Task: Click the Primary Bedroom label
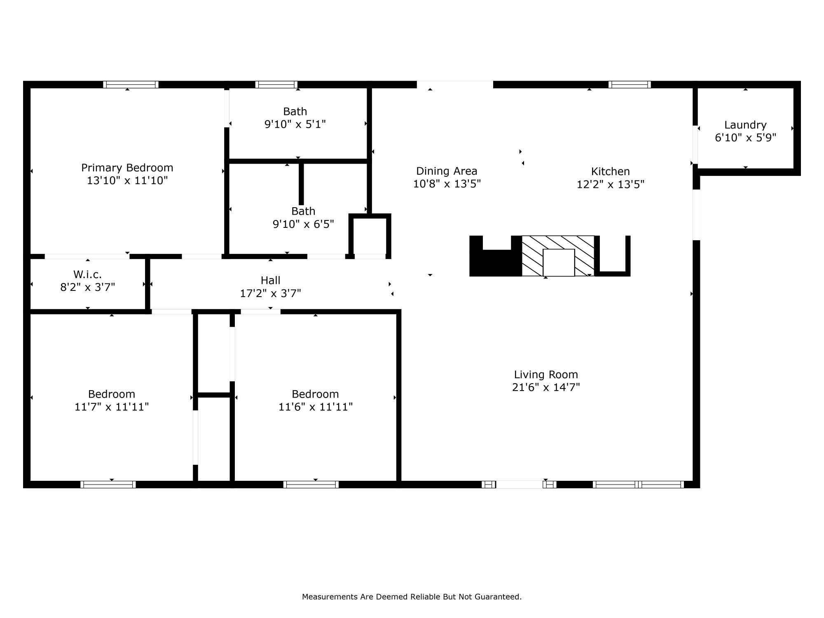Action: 127,168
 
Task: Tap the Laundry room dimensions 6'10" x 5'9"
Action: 745,138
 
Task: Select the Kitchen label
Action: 610,171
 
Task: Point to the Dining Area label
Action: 447,171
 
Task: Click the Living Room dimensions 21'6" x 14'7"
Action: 546,387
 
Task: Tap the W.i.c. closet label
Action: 87,274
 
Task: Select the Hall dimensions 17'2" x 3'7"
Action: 270,293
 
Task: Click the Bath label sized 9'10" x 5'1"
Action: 295,112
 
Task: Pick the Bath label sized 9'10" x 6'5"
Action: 303,211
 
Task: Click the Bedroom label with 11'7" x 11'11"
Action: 111,394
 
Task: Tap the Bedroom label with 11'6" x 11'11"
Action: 315,394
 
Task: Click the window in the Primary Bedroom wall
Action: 131,84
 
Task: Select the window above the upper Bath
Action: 276,84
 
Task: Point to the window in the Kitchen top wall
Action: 630,84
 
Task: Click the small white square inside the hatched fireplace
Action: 559,262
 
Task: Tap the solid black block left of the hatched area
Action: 494,263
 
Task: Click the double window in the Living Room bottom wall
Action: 638,485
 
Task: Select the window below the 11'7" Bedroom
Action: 108,485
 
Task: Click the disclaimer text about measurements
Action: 412,597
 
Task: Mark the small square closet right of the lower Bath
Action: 370,236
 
